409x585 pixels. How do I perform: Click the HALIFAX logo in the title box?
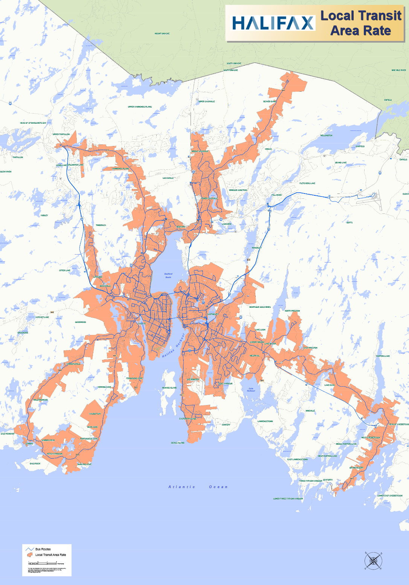point(273,23)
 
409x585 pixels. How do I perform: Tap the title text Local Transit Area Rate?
point(361,23)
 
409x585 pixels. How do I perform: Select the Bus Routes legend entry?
point(43,549)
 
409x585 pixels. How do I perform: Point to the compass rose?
point(373,560)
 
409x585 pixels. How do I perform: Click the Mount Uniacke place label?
point(162,34)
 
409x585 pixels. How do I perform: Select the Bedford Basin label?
point(168,275)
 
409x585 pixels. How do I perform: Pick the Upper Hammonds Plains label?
point(140,107)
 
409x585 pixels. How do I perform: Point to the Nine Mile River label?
point(398,70)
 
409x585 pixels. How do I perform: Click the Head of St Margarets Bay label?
point(33,123)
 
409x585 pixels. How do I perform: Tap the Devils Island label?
point(178,443)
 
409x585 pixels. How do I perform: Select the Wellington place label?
point(326,135)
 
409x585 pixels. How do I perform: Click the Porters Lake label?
point(383,356)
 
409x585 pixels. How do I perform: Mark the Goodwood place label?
point(80,322)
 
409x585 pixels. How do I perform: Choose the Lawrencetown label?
point(265,421)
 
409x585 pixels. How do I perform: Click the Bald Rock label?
point(35,464)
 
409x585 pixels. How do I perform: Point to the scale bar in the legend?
point(43,563)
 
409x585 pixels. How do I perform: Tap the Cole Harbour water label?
point(251,390)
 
